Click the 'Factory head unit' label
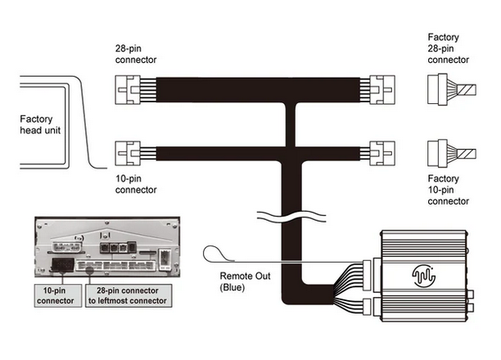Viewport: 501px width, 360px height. tap(40, 124)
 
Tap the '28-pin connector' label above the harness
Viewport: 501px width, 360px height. tap(136, 54)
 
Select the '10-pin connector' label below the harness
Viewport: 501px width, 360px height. tap(136, 184)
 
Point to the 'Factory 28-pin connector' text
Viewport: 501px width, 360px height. tap(449, 48)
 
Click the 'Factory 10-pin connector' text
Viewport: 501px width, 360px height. tap(449, 190)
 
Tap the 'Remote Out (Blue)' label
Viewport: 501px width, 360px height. tap(245, 281)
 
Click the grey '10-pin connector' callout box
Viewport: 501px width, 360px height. tap(58, 296)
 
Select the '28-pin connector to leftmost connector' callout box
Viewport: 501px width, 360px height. tap(129, 296)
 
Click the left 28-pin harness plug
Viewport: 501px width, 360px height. tap(128, 90)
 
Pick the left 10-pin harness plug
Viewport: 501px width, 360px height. tap(128, 153)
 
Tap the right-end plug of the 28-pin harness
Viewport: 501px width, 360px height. tap(382, 90)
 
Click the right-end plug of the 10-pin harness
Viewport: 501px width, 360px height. tap(382, 153)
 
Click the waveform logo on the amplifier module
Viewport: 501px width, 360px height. tap(424, 276)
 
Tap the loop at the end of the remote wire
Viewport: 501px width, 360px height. tap(212, 254)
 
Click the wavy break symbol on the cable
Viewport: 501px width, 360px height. tap(291, 216)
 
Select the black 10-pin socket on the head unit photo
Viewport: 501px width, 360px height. tap(63, 265)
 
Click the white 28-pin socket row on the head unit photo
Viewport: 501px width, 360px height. tap(115, 265)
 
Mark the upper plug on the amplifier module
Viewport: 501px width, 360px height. tap(367, 276)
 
